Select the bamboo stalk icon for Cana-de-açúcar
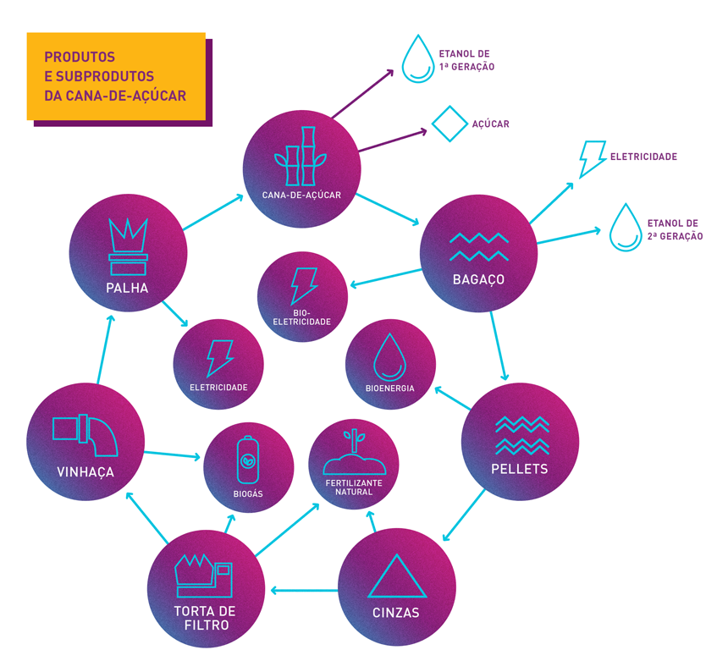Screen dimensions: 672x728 [x=301, y=157]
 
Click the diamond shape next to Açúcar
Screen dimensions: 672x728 [x=449, y=122]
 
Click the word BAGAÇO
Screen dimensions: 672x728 [x=478, y=279]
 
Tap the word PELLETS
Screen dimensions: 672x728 [x=520, y=468]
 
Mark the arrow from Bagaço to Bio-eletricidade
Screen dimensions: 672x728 [x=386, y=278]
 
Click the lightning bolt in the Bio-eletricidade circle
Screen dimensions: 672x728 [x=303, y=285]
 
